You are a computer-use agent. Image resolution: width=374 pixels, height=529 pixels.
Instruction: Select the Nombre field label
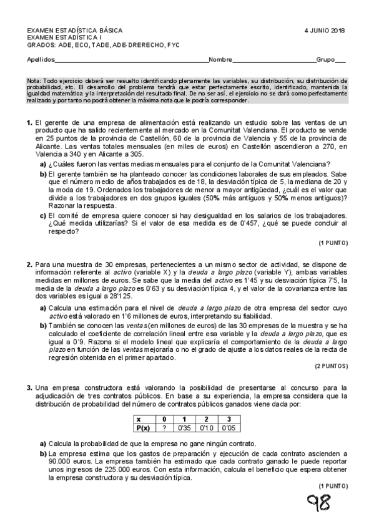(x=220, y=61)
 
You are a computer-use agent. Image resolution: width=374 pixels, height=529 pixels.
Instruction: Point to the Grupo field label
(x=326, y=61)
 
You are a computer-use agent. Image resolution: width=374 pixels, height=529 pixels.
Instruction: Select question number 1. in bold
(x=29, y=124)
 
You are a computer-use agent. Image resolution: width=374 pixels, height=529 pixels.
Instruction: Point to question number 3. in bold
(x=29, y=388)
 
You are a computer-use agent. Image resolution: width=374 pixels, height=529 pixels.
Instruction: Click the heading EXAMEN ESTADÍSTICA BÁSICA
(x=74, y=31)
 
